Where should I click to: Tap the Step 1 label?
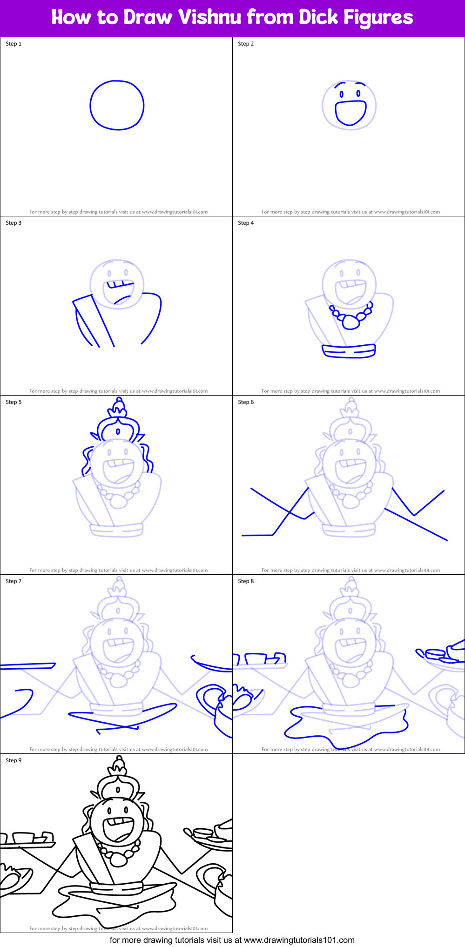click(x=13, y=44)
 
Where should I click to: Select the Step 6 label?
click(x=246, y=402)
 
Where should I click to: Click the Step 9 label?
click(x=13, y=760)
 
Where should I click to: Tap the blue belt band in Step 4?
click(x=349, y=351)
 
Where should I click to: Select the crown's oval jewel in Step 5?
click(x=118, y=431)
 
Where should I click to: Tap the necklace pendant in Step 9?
click(x=118, y=860)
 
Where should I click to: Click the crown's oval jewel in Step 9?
click(x=118, y=790)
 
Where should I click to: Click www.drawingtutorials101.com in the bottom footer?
click(x=299, y=940)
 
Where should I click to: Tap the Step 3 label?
click(x=13, y=223)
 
